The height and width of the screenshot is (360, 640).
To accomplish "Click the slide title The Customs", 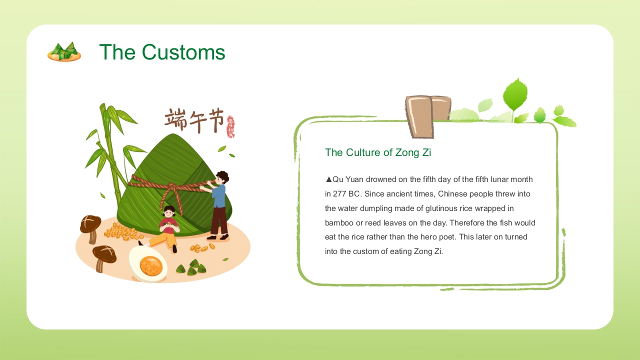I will point(162,52).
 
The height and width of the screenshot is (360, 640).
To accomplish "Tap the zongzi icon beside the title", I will point(64,52).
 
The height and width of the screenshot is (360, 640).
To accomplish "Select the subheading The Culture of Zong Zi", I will point(378,152).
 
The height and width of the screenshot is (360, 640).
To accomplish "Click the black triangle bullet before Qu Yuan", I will point(328,179).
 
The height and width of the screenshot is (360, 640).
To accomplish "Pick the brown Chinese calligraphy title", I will point(194,120).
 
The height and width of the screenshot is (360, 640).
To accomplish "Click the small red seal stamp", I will point(230,126).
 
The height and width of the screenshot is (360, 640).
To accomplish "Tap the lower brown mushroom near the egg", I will point(104,256).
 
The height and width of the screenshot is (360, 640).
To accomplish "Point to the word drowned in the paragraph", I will point(379,179).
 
